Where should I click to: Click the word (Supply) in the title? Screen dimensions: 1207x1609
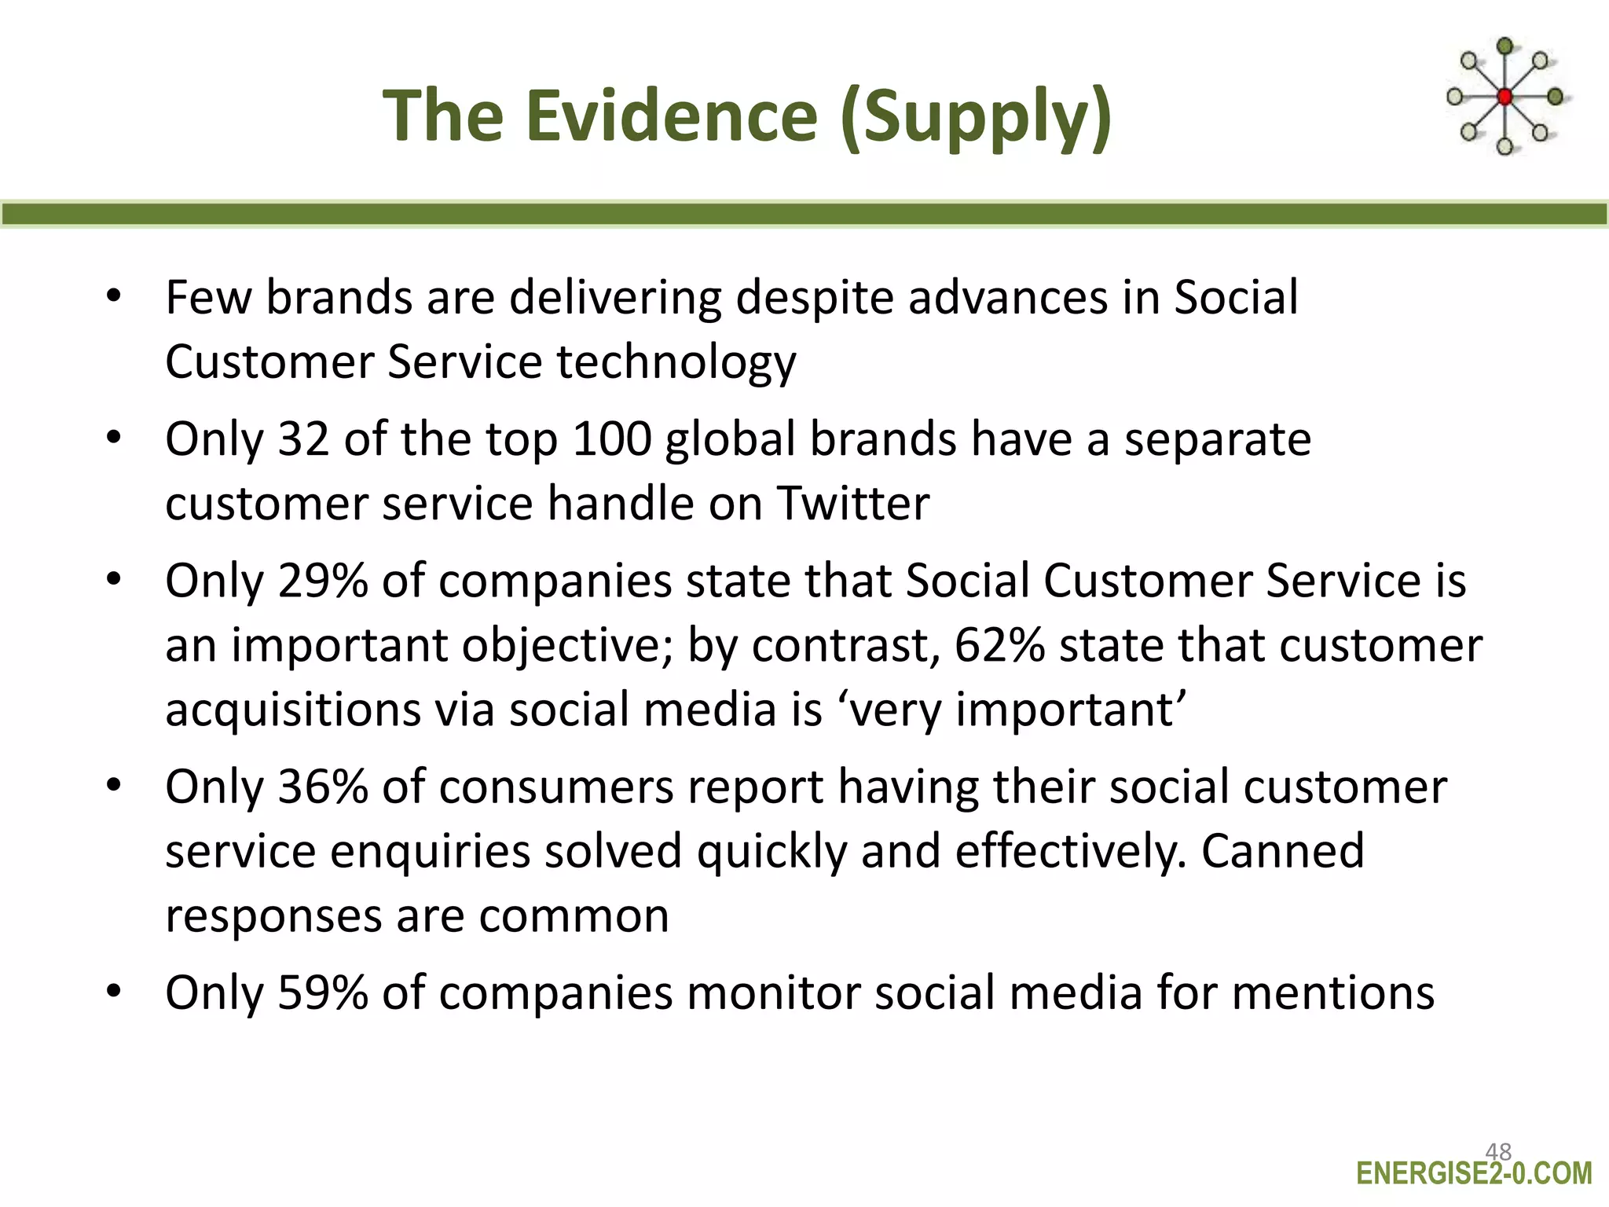(975, 118)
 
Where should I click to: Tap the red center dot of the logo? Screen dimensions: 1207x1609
(1505, 97)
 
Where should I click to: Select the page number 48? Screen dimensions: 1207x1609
(1498, 1152)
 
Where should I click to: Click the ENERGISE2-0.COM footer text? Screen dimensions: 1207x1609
(1474, 1174)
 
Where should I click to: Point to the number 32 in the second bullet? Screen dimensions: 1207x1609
(303, 438)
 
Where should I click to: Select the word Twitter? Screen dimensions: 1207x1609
(853, 503)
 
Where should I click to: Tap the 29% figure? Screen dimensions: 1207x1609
(322, 581)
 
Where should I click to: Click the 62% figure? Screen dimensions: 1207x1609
(999, 645)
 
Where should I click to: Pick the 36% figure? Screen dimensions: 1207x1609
(322, 787)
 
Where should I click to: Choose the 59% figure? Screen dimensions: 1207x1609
(322, 992)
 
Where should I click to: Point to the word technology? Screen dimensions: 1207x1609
(676, 363)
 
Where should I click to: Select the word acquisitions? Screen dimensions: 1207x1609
(291, 710)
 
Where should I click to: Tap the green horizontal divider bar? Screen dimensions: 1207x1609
(804, 214)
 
